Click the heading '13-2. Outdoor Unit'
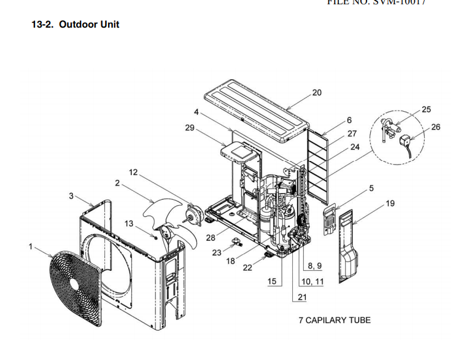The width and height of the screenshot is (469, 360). [75, 25]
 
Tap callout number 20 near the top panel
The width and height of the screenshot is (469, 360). [317, 93]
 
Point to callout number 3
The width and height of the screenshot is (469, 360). [72, 195]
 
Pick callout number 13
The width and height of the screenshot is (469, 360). [129, 224]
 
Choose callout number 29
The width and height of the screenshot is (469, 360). [190, 127]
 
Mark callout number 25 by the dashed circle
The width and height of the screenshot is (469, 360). [426, 109]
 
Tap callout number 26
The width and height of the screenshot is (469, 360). [436, 127]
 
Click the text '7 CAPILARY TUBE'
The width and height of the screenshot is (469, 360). [335, 320]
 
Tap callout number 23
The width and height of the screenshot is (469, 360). [217, 252]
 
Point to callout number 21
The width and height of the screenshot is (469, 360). [302, 297]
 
